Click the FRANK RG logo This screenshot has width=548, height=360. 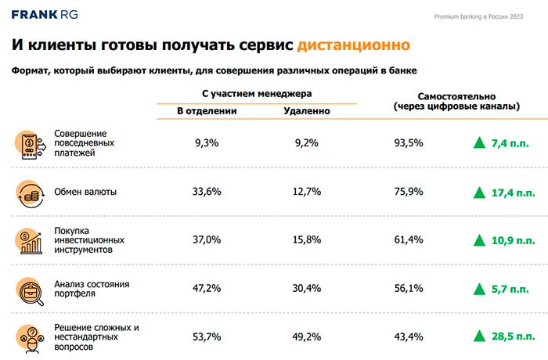point(46,14)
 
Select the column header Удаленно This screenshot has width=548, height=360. point(306,111)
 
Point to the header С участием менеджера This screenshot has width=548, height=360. point(256,92)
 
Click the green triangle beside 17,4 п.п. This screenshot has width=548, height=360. point(478,192)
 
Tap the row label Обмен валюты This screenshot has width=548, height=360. point(85,192)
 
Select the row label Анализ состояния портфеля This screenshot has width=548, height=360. point(91,289)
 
